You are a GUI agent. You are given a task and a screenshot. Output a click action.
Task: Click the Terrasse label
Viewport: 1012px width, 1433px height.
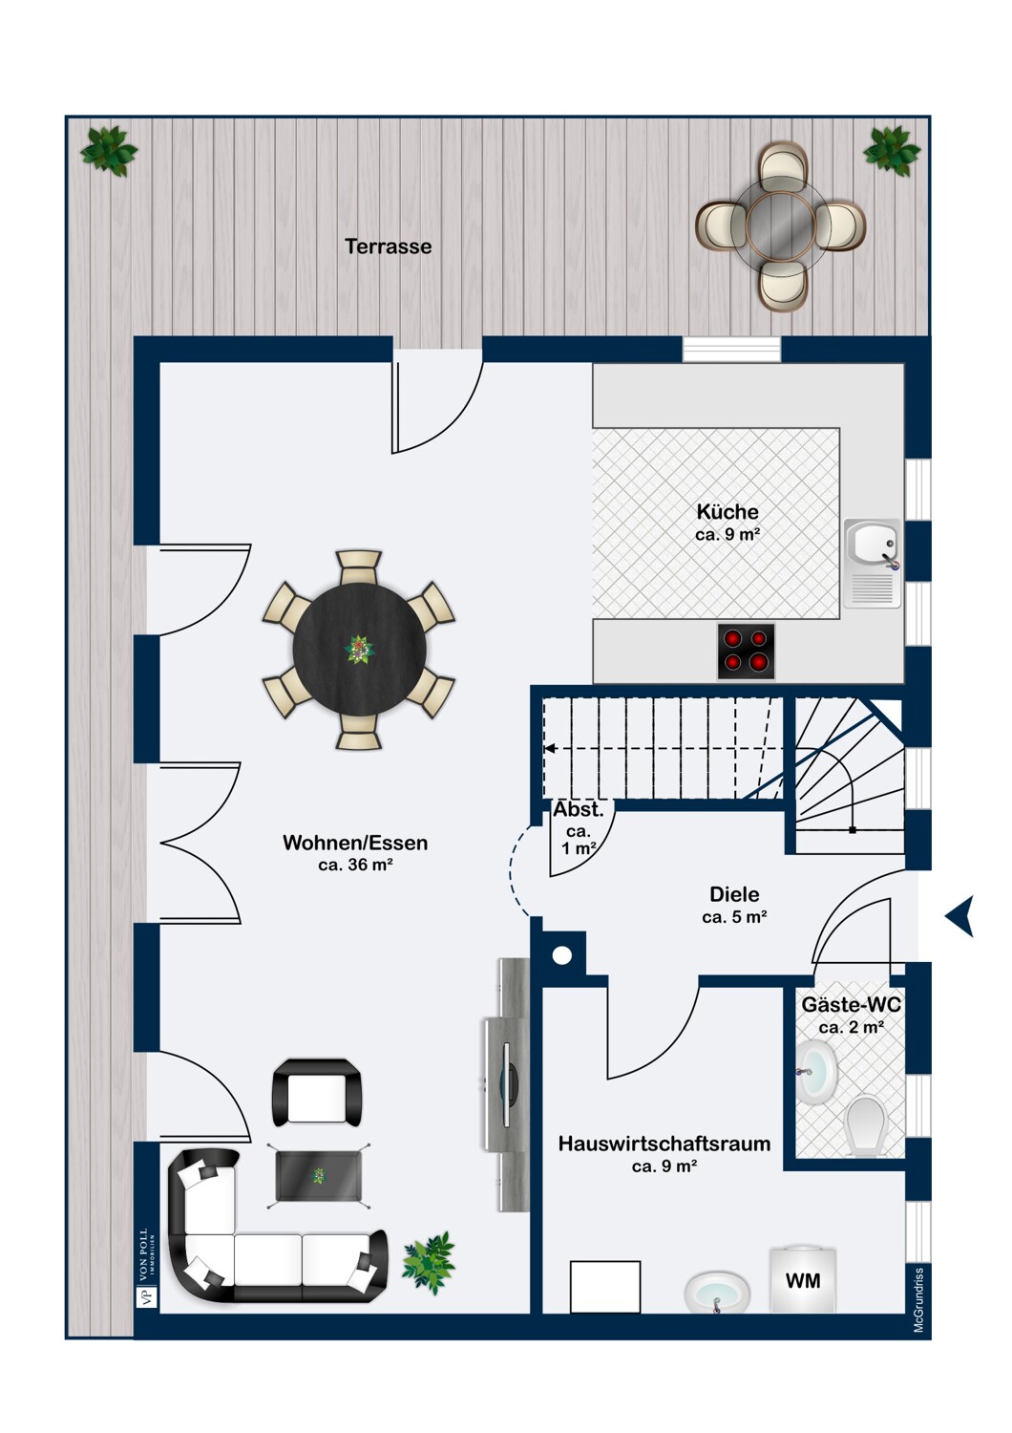tap(388, 246)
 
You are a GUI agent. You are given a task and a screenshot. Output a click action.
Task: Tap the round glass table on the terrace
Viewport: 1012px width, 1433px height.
tap(780, 227)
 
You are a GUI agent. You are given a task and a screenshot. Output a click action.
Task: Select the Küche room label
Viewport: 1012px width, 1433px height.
tap(727, 512)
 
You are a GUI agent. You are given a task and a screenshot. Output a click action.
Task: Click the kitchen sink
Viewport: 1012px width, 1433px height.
tap(873, 563)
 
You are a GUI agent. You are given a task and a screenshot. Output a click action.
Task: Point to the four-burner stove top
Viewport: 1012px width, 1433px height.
tap(746, 651)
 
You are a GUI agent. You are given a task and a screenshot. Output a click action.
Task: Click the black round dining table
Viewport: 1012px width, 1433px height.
tap(359, 650)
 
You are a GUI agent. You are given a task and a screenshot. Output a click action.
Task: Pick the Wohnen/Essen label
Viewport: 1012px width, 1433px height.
tap(355, 843)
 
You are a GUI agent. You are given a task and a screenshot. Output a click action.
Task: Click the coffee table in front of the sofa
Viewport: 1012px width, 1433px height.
tap(318, 1175)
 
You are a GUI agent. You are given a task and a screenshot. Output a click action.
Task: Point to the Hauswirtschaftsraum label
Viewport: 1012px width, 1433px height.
tap(664, 1144)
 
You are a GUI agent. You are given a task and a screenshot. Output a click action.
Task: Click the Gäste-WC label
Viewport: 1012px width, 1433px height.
tap(851, 1004)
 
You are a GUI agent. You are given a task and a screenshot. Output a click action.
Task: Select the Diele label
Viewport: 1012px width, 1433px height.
tap(734, 893)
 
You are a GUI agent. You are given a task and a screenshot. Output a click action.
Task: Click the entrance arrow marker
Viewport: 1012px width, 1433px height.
tap(959, 916)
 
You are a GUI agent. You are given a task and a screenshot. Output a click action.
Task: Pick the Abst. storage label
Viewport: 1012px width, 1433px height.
tap(578, 809)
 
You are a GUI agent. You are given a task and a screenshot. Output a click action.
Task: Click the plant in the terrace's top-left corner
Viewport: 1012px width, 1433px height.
tap(108, 151)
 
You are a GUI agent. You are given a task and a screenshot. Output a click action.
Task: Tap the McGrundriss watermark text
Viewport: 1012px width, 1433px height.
tap(918, 1300)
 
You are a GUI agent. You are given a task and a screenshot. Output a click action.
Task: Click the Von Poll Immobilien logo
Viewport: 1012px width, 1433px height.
tap(147, 1268)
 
